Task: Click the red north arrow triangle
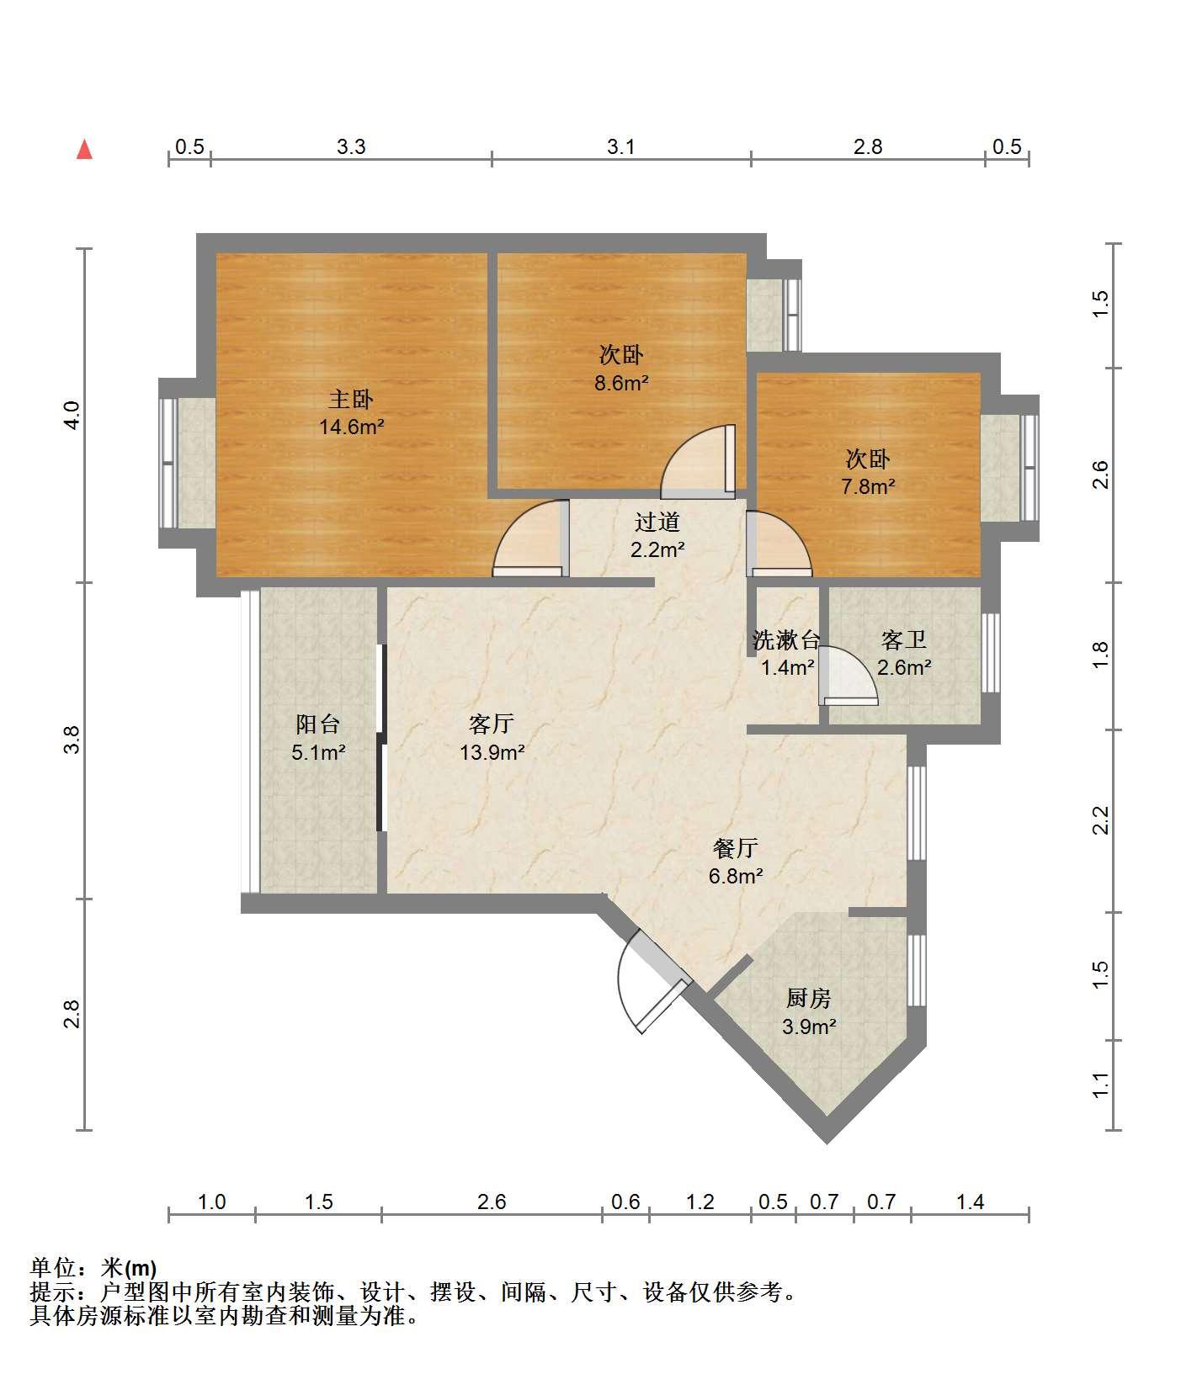click(x=84, y=150)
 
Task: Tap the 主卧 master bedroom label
click(x=351, y=399)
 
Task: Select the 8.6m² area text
click(x=622, y=384)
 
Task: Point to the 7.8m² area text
click(x=868, y=486)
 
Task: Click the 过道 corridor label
click(x=657, y=523)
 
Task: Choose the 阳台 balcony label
click(x=318, y=724)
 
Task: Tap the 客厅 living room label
click(x=492, y=724)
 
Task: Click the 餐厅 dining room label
click(x=735, y=847)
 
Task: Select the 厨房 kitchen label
click(x=808, y=998)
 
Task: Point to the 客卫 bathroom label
click(x=904, y=640)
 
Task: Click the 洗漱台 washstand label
click(x=786, y=640)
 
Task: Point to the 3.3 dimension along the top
click(x=351, y=146)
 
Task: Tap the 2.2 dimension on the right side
click(x=1101, y=820)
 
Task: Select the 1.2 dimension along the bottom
click(x=700, y=1202)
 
